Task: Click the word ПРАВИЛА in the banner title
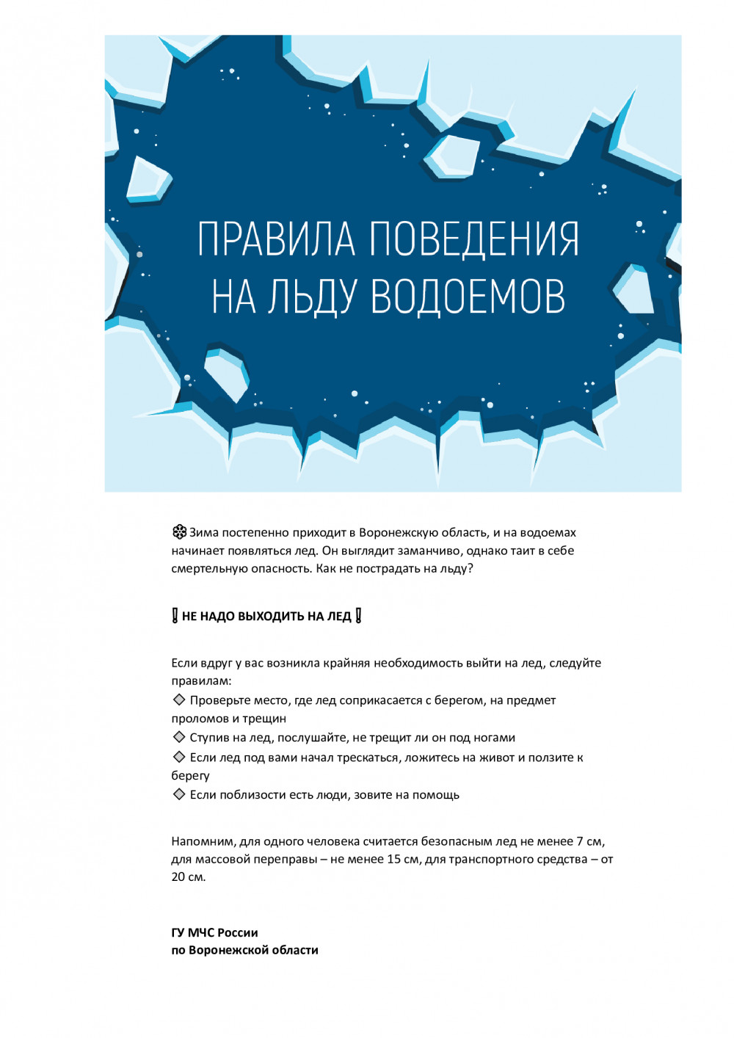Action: [277, 239]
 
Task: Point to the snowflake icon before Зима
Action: [179, 532]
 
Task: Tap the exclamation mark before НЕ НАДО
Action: [175, 616]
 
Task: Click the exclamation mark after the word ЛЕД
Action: [358, 616]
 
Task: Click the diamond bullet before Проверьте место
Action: [178, 700]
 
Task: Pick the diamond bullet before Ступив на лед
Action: [178, 737]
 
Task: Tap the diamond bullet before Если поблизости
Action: [178, 794]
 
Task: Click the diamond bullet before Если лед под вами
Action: [178, 757]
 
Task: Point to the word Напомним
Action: [203, 842]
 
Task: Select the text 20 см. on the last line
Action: [189, 877]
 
